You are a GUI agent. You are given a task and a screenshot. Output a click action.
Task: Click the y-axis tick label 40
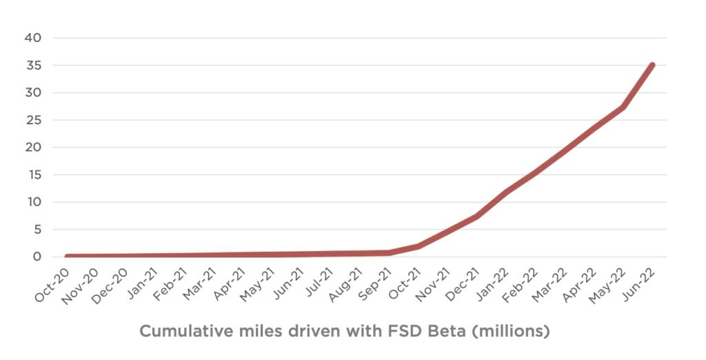pos(33,38)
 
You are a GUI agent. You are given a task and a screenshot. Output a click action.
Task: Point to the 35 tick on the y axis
pos(33,66)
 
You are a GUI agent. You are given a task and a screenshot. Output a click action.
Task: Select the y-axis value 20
pos(33,148)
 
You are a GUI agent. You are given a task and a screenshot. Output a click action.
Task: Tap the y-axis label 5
pos(37,230)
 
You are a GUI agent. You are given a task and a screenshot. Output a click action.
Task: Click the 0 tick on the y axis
pos(37,257)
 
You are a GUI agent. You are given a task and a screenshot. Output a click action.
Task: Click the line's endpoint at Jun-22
pos(652,66)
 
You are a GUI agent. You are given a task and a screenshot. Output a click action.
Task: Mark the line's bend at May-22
pos(623,107)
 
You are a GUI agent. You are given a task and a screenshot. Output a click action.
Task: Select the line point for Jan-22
pos(506,192)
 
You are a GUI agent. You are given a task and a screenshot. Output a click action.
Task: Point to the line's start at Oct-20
pos(67,256)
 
